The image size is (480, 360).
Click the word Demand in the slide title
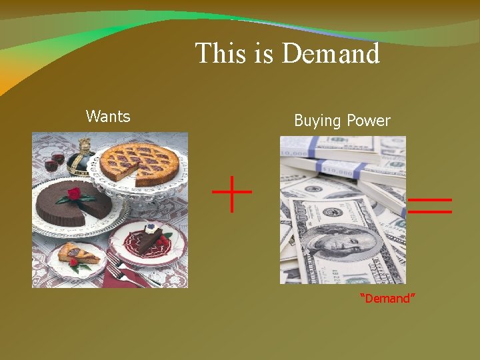[x=331, y=53]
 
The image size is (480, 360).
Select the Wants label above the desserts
[x=108, y=117]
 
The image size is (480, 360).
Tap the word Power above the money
[x=368, y=121]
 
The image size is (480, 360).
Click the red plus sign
[x=232, y=193]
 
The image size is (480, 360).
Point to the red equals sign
[x=430, y=205]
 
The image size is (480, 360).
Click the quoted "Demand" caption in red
[x=387, y=299]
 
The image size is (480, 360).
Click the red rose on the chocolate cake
[x=73, y=194]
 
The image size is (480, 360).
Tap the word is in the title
[x=265, y=53]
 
